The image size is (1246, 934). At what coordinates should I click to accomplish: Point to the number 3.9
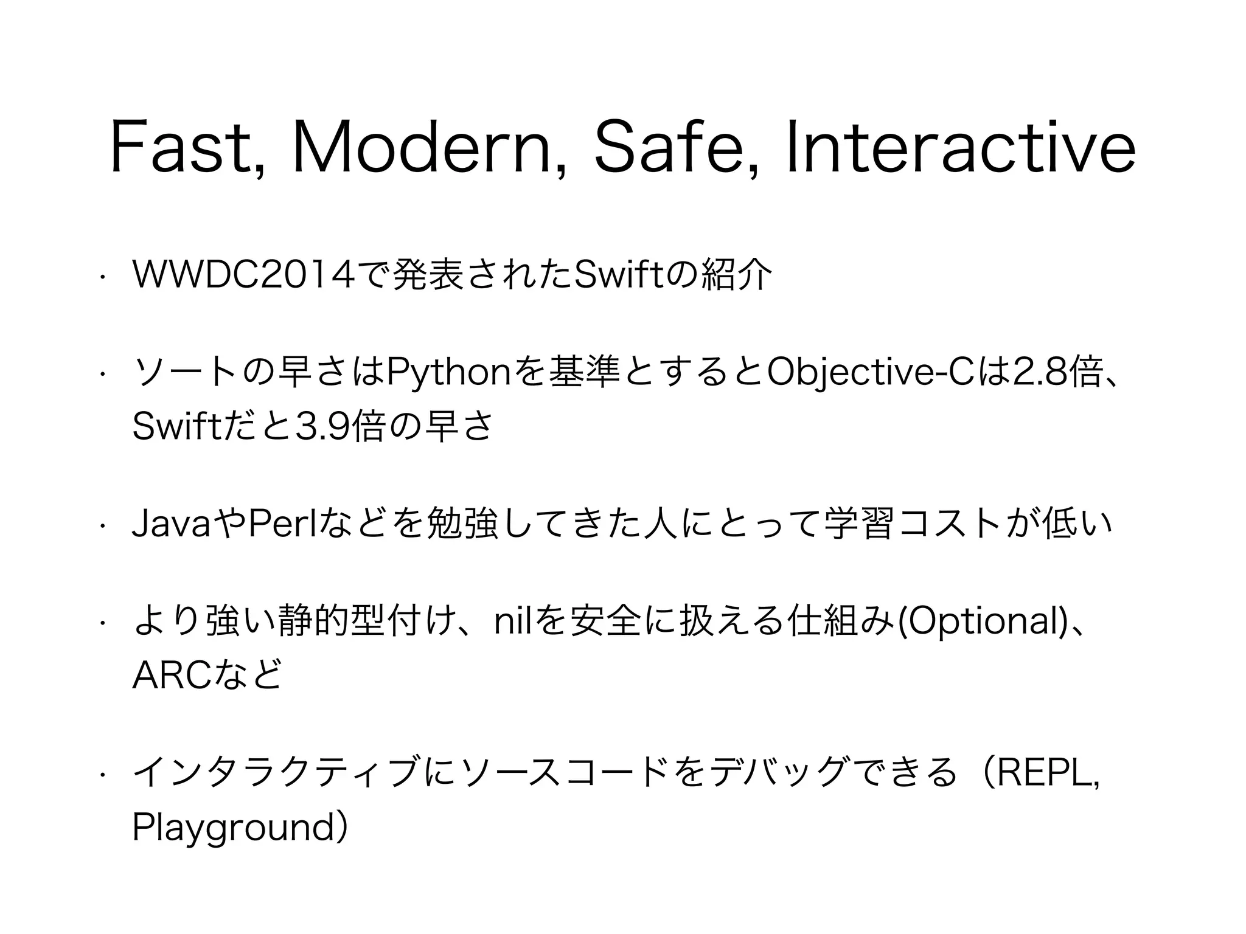point(322,427)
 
